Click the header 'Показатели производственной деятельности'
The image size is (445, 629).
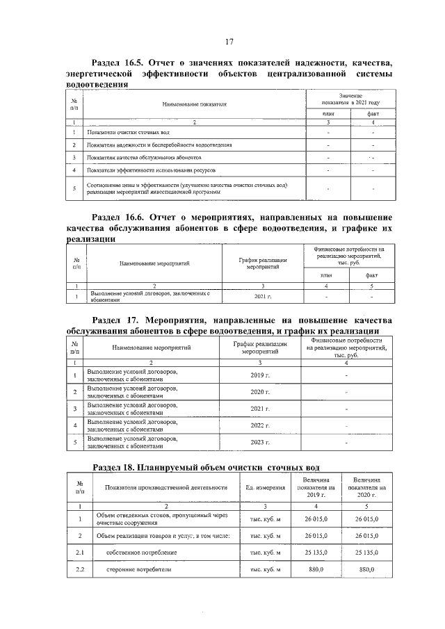[x=166, y=487]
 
